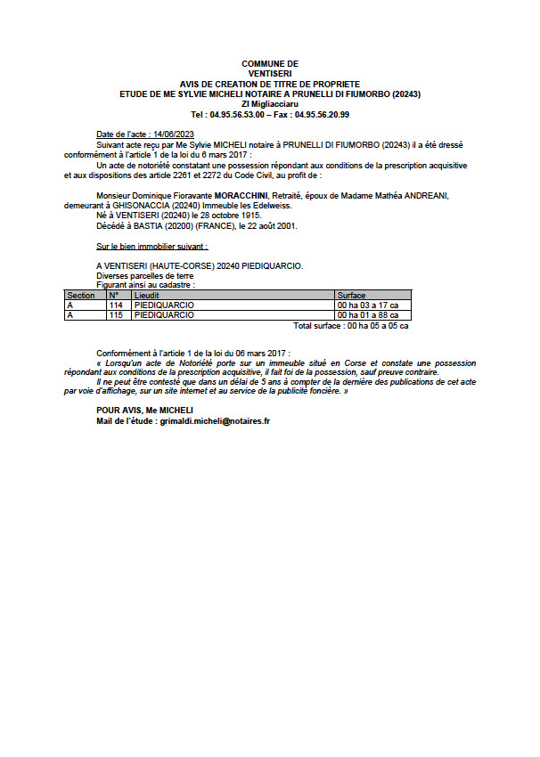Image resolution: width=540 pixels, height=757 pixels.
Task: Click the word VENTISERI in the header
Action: [x=270, y=73]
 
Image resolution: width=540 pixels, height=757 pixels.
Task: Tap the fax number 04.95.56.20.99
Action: [x=322, y=115]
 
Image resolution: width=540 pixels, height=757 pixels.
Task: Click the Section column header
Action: [x=81, y=295]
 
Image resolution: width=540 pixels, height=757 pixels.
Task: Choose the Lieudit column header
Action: [x=147, y=295]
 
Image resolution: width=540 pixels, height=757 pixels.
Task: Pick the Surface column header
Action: [x=351, y=295]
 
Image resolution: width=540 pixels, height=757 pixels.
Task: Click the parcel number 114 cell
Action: [x=115, y=305]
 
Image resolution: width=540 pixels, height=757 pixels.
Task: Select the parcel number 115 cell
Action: [x=115, y=315]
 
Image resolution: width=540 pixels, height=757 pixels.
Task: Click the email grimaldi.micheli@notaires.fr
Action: [x=212, y=419]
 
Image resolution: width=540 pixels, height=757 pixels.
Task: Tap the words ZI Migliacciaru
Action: [x=270, y=104]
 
